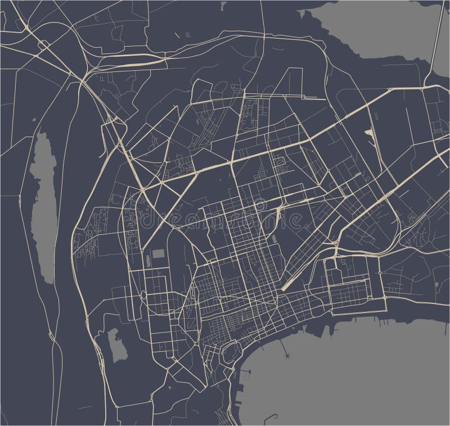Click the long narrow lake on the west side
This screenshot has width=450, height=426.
click(x=43, y=208)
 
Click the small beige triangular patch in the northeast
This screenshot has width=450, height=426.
click(x=368, y=134)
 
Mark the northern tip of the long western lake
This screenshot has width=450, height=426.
click(x=41, y=133)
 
